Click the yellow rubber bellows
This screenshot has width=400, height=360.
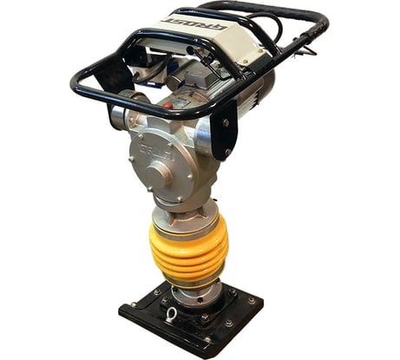(x=187, y=251)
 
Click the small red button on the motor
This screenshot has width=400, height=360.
(x=167, y=104)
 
